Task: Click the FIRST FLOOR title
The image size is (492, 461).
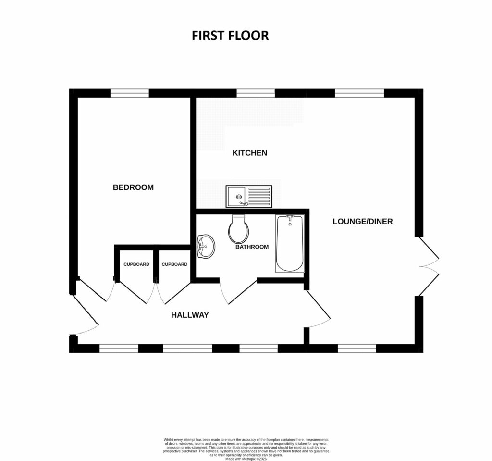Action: pyautogui.click(x=230, y=36)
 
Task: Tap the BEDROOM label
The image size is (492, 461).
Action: pyautogui.click(x=133, y=187)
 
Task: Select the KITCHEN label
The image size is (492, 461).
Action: pyautogui.click(x=250, y=153)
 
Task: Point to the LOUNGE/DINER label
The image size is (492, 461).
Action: pyautogui.click(x=363, y=222)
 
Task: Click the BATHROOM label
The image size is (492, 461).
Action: pyautogui.click(x=252, y=247)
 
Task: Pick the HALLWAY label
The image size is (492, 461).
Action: pyautogui.click(x=190, y=315)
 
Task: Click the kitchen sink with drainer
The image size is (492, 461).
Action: pyautogui.click(x=249, y=196)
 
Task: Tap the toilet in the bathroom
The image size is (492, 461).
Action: pyautogui.click(x=239, y=229)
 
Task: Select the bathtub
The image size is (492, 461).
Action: pyautogui.click(x=290, y=244)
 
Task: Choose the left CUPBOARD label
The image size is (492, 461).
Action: pyautogui.click(x=136, y=264)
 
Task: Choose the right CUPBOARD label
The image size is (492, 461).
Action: pyautogui.click(x=174, y=264)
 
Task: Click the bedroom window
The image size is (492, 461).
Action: pyautogui.click(x=129, y=93)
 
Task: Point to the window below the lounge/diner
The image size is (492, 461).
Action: pyautogui.click(x=357, y=348)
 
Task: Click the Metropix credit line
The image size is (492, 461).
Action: pyautogui.click(x=246, y=459)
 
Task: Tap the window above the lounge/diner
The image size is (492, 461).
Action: pyautogui.click(x=359, y=93)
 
